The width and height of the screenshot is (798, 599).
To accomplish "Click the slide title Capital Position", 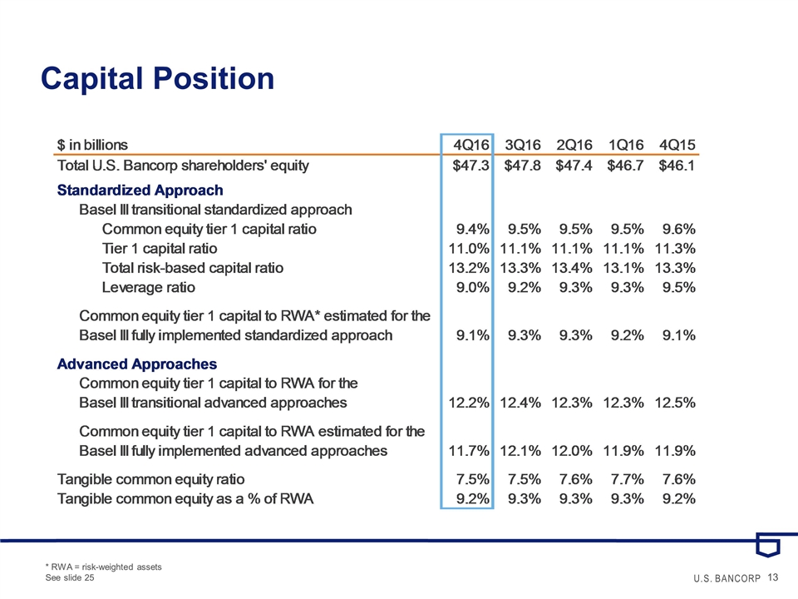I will click(158, 79).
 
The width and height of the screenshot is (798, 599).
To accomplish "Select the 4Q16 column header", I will click(468, 143).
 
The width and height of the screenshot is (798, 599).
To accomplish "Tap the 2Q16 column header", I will click(573, 143).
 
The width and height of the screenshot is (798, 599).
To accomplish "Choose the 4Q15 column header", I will click(676, 143).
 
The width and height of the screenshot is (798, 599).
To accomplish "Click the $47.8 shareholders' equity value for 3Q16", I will click(520, 166).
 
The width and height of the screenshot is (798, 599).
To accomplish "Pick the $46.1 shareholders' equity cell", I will click(676, 166).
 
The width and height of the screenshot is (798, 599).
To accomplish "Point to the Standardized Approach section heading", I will click(140, 191).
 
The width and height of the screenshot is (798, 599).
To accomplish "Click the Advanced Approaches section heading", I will click(137, 364).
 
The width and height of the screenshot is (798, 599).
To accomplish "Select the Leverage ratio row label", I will click(149, 288).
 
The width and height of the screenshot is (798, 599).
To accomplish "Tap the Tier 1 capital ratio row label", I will click(160, 248).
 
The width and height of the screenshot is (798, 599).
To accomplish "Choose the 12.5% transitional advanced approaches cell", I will click(675, 403).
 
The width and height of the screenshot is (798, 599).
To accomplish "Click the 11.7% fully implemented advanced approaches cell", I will click(469, 451).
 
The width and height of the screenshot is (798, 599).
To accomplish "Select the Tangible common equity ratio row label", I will click(150, 479).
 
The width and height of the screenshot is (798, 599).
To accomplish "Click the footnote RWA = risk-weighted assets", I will click(103, 567).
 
